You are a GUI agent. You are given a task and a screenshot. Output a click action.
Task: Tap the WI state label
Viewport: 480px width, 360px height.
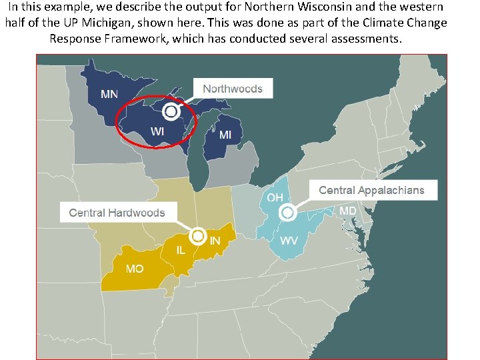(157, 131)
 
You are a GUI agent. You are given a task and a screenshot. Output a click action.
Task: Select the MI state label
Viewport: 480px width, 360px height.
(226, 135)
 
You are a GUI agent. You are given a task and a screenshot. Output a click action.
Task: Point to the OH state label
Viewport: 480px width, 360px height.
(275, 197)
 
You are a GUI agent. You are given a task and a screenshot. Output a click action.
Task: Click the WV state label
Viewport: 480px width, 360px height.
(289, 240)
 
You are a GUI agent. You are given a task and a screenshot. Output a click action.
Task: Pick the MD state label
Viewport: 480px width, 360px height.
(348, 211)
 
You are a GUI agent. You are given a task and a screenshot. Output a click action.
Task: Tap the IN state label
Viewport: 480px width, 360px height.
(215, 240)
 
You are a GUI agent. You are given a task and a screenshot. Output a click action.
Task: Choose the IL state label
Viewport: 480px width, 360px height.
(181, 250)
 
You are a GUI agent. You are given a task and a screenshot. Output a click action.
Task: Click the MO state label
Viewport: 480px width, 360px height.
(135, 269)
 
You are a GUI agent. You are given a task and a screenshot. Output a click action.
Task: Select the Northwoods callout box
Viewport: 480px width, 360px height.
(233, 89)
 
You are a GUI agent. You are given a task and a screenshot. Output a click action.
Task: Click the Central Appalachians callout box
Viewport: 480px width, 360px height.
(371, 190)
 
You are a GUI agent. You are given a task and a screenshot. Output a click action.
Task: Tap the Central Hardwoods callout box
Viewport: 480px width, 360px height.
(117, 213)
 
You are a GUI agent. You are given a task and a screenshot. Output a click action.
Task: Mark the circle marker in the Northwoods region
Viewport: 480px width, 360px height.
(171, 111)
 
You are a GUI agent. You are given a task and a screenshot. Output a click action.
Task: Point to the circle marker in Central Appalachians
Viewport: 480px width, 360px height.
(288, 213)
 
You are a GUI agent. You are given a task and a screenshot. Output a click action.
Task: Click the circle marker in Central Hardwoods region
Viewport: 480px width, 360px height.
(197, 236)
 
